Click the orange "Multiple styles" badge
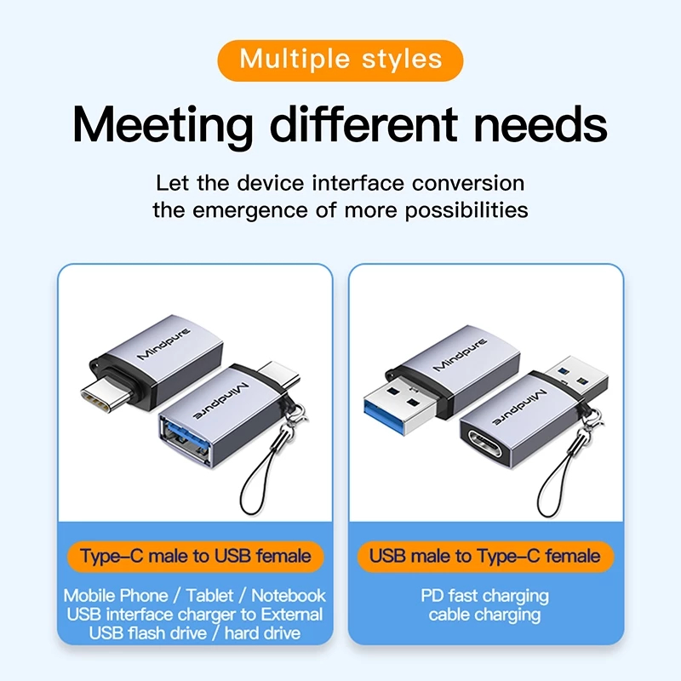point(340,60)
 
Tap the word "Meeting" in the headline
point(163,126)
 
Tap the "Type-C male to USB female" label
point(195,557)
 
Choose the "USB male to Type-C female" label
point(485,557)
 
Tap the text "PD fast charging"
point(485,596)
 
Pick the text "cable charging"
point(485,615)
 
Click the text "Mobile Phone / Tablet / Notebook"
point(195,596)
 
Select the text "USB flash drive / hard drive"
point(195,633)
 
